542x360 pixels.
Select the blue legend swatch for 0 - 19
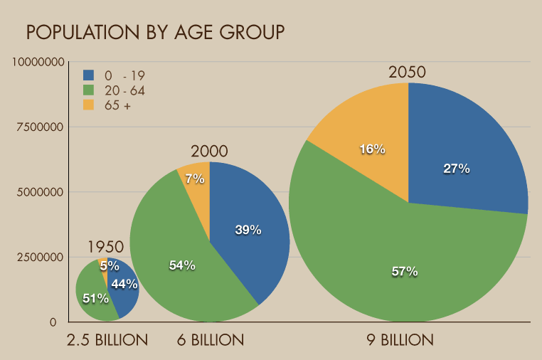(89, 75)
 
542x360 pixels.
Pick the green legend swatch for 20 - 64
(89, 90)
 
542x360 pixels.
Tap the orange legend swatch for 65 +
(89, 105)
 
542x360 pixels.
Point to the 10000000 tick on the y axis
(43, 63)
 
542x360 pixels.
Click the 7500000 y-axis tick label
(43, 127)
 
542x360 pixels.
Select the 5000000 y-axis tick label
(43, 192)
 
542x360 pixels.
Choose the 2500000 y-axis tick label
(43, 257)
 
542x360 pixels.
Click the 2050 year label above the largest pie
(407, 73)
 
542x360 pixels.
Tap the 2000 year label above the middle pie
(209, 152)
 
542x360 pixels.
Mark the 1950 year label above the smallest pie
(106, 248)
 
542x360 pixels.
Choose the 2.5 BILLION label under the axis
(107, 341)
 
